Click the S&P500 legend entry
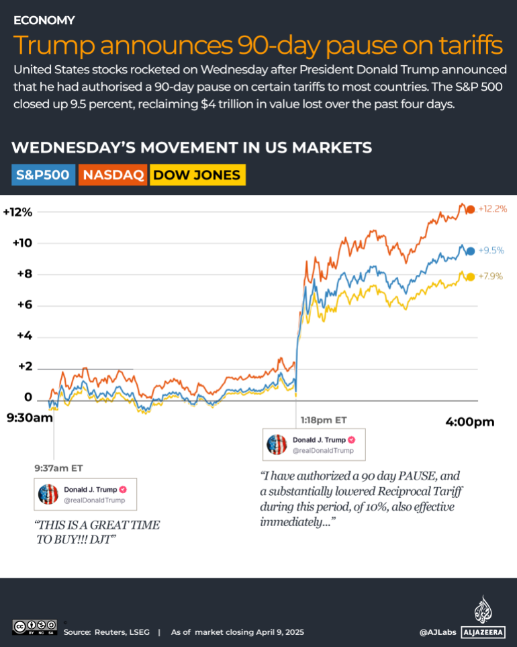click(43, 175)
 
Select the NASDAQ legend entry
click(113, 175)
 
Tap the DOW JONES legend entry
click(196, 175)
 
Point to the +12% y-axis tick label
click(17, 212)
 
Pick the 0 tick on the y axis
click(28, 397)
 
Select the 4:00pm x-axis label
click(469, 422)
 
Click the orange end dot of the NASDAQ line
click(471, 209)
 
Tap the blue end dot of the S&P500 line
click(471, 251)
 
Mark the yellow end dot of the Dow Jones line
click(471, 277)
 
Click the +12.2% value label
click(492, 209)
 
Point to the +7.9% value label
click(489, 276)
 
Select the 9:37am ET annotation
click(59, 468)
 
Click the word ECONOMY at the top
click(44, 20)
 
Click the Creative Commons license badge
click(34, 626)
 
